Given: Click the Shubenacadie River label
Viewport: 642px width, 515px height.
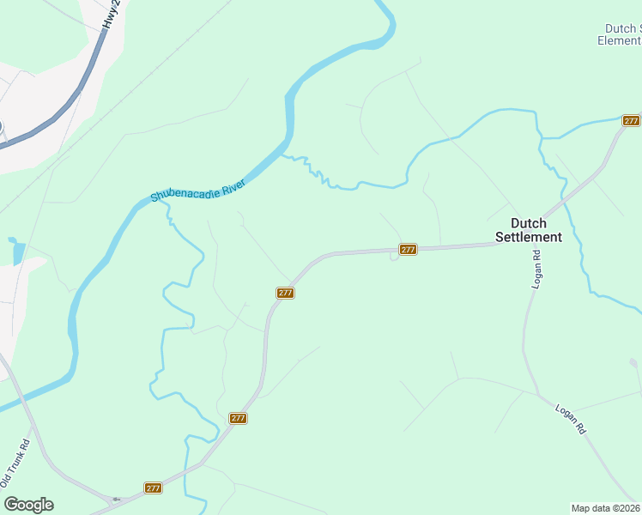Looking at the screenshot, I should [198, 190].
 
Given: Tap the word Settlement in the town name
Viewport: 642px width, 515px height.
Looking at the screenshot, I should [529, 237].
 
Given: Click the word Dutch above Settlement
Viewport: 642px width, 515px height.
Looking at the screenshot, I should [529, 223].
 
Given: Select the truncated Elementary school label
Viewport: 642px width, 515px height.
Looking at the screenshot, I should [620, 40].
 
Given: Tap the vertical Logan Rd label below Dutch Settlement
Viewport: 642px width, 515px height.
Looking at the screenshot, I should [536, 269].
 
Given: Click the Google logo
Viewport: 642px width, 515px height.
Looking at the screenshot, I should [28, 504].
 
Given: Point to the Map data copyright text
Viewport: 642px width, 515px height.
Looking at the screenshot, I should [605, 507].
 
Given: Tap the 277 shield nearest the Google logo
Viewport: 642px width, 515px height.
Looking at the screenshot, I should [153, 488].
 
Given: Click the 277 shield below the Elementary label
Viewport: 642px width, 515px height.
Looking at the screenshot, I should [631, 121].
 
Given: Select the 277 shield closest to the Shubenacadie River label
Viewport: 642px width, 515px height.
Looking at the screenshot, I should [286, 293].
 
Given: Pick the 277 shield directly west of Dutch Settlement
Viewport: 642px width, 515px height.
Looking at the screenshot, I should [408, 250].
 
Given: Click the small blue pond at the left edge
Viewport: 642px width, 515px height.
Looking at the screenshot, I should [17, 251].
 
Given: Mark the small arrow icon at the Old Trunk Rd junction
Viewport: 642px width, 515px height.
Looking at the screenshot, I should [116, 499].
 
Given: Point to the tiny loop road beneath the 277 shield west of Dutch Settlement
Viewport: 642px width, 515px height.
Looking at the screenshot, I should [393, 258].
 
